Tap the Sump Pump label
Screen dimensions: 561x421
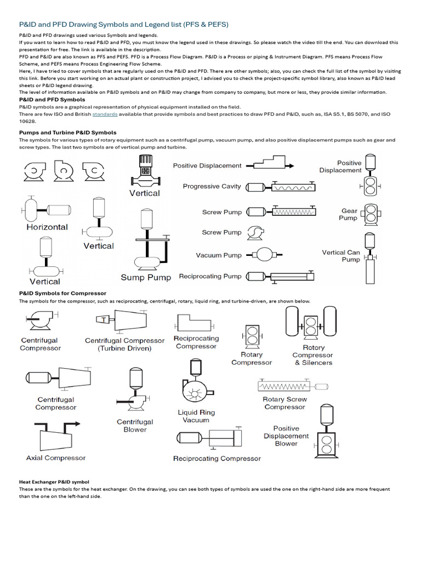[145, 278]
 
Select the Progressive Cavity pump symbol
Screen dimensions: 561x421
[281, 187]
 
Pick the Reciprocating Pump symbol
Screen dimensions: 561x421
[281, 276]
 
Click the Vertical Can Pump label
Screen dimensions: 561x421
[341, 256]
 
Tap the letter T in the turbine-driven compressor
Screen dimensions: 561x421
[103, 319]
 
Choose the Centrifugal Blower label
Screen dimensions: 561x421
[135, 426]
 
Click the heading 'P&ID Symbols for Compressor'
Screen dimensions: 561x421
[62, 293]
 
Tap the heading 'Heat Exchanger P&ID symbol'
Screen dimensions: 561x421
[54, 482]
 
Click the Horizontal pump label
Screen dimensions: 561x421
[47, 227]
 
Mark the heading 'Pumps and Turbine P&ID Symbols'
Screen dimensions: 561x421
[67, 133]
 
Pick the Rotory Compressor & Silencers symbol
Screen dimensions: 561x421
[311, 323]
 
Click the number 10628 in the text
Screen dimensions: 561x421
[27, 122]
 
